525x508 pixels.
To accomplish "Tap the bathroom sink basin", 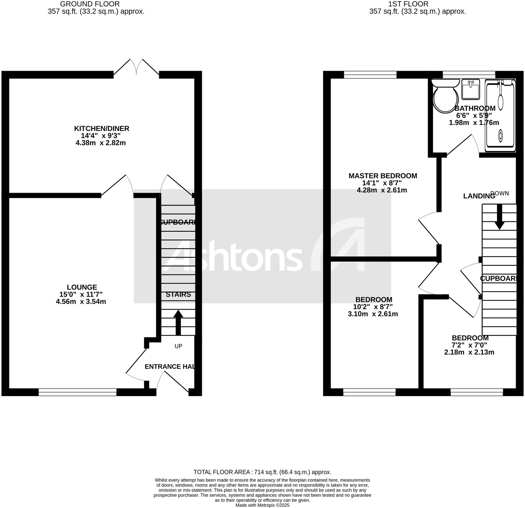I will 471,89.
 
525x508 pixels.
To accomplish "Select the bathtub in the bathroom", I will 500,116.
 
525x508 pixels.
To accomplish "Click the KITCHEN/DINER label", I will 102,129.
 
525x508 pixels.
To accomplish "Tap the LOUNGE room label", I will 82,287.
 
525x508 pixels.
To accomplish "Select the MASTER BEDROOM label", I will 383,176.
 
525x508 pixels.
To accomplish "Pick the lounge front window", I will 78,392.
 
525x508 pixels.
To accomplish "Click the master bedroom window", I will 370,75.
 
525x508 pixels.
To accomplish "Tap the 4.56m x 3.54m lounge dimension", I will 81,302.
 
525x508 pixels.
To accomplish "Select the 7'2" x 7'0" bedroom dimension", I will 470,345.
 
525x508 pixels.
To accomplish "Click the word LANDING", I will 479,196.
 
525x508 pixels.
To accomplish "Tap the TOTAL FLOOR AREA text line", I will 262,472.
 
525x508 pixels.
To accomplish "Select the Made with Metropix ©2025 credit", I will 262,505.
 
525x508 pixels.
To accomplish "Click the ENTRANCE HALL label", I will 170,367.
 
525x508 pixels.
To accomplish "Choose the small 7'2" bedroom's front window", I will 476,392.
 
